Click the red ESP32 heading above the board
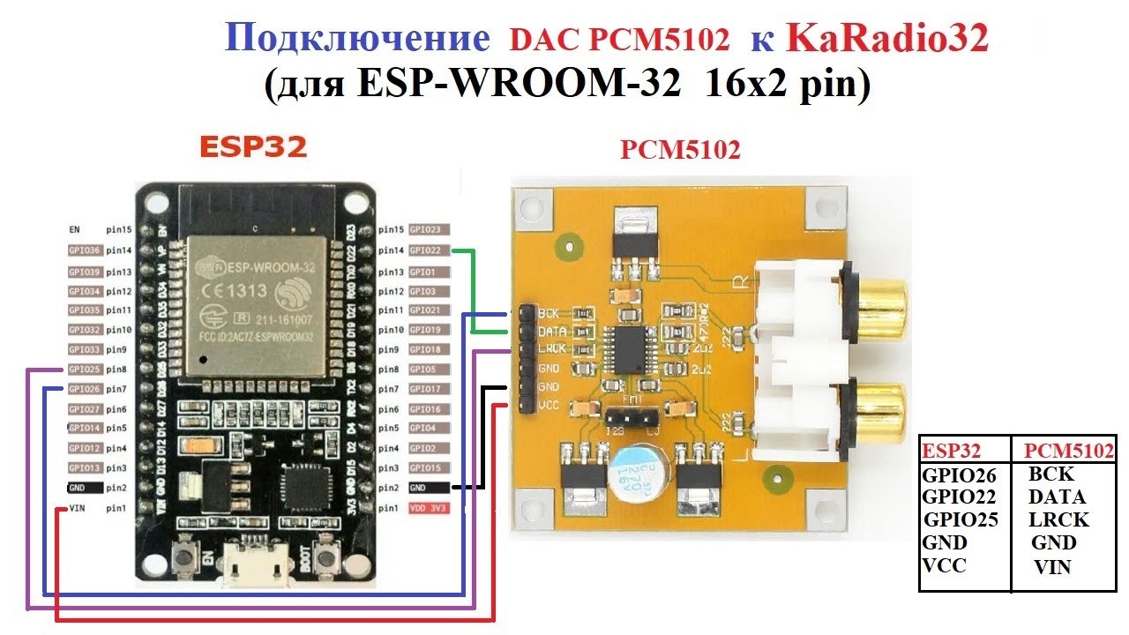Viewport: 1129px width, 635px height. (x=252, y=146)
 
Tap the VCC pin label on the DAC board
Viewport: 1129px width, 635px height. (x=549, y=406)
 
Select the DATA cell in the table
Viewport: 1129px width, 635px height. (x=1057, y=497)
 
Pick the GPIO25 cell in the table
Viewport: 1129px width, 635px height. (x=961, y=520)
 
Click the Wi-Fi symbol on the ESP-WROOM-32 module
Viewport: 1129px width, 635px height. (x=293, y=292)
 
